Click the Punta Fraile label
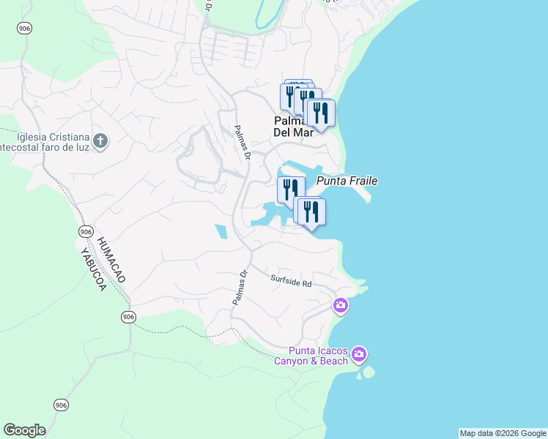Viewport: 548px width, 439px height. point(347,181)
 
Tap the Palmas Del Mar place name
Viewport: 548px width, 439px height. point(293,127)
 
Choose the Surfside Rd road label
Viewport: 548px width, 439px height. point(291,279)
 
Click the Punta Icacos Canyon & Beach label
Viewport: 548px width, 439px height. point(312,355)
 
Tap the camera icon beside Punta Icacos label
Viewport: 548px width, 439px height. point(358,355)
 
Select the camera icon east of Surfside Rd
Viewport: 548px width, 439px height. point(341,304)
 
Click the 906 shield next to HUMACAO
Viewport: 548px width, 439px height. point(86,231)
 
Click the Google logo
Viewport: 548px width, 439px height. point(24,430)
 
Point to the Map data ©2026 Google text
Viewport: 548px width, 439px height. point(503,433)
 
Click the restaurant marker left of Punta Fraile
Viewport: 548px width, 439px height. point(290,190)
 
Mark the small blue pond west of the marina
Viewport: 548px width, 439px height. point(221,232)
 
